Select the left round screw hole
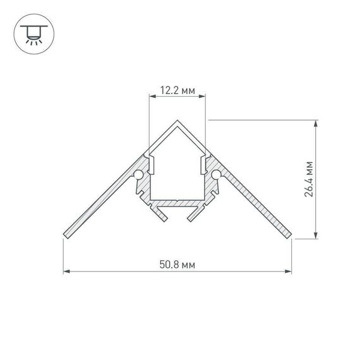138,174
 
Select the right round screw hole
217,174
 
